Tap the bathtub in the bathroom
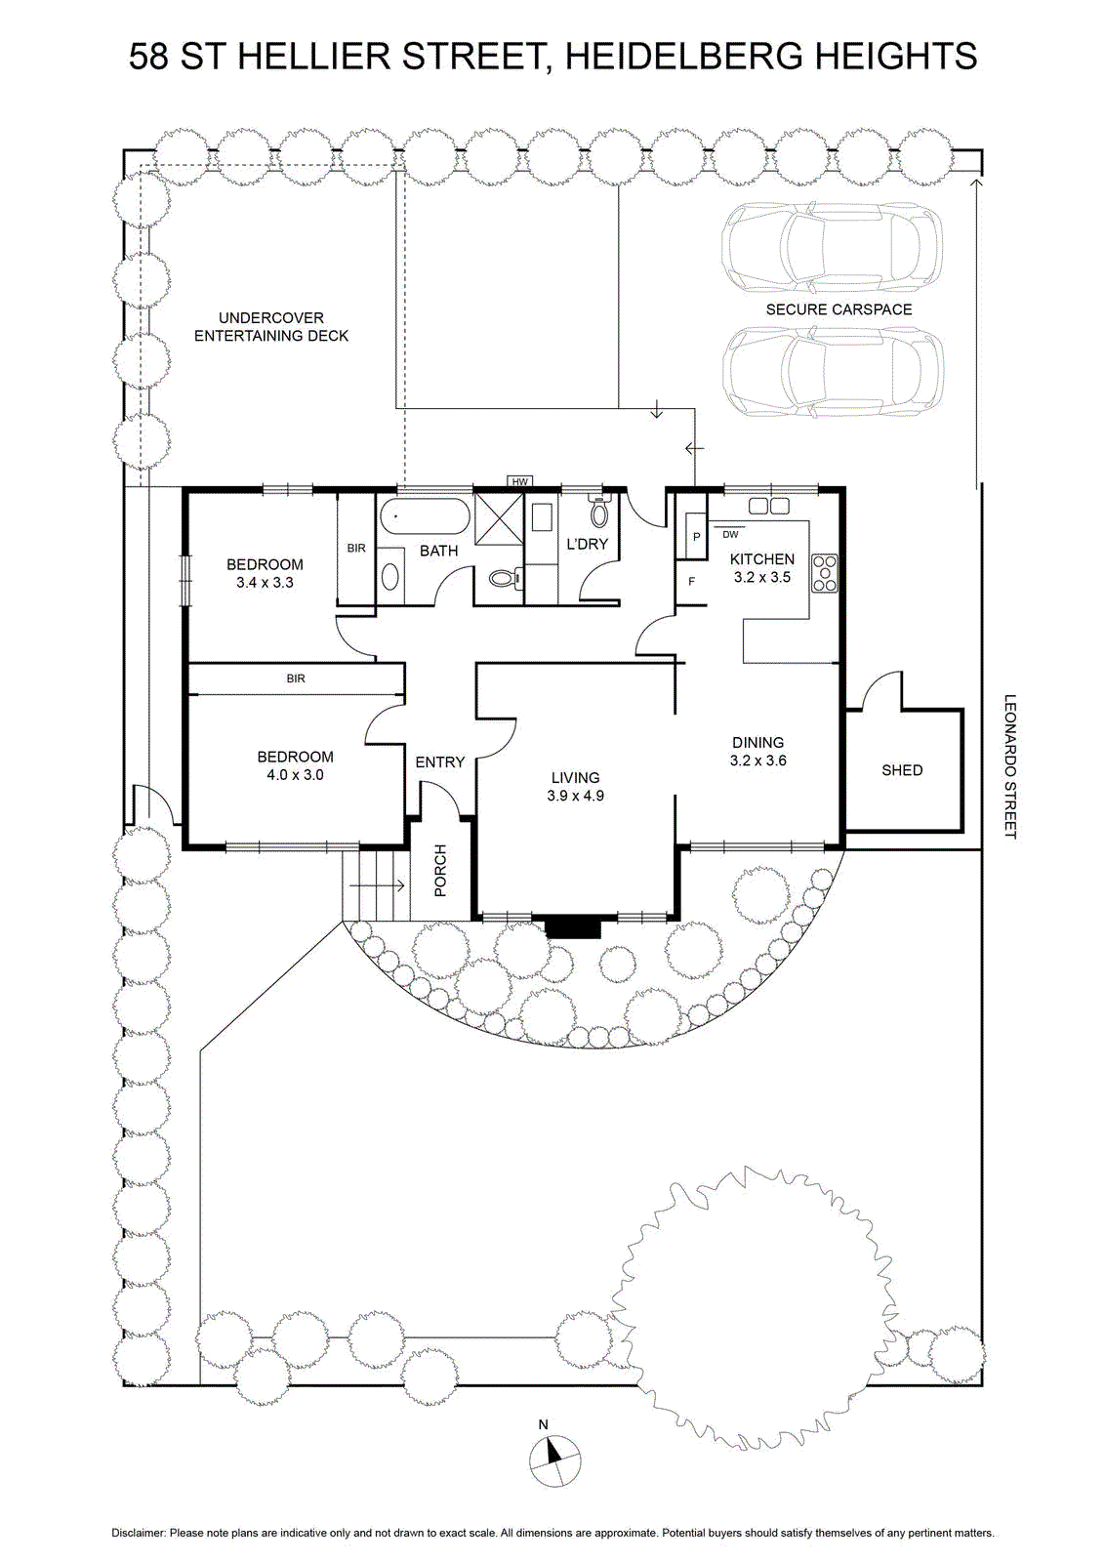tap(426, 517)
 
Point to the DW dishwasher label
tap(730, 535)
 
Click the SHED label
tap(902, 770)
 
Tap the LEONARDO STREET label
tap(1010, 765)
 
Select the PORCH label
tap(440, 870)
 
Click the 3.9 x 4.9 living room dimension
tap(575, 796)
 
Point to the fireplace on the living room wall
tap(572, 926)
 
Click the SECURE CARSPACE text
tap(839, 309)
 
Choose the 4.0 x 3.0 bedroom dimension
tap(295, 775)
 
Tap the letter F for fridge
tap(691, 581)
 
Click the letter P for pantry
tap(696, 537)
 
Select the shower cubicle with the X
tap(499, 518)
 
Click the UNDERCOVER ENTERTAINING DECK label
tap(271, 326)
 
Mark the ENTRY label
tap(440, 762)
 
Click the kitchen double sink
tap(769, 506)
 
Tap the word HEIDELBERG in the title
tap(683, 57)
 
